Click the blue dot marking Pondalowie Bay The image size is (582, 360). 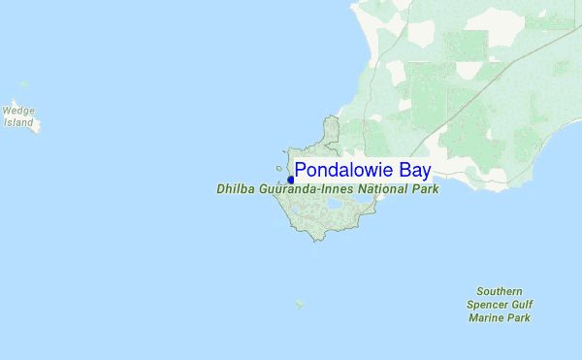[291, 180]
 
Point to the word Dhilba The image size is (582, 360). [236, 189]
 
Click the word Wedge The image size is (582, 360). [18, 112]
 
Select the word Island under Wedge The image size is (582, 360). [18, 123]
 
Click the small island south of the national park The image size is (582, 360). [300, 303]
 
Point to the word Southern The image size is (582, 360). [500, 291]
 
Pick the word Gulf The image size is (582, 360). [521, 305]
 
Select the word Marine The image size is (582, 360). [486, 317]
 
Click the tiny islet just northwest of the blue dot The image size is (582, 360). [279, 168]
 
